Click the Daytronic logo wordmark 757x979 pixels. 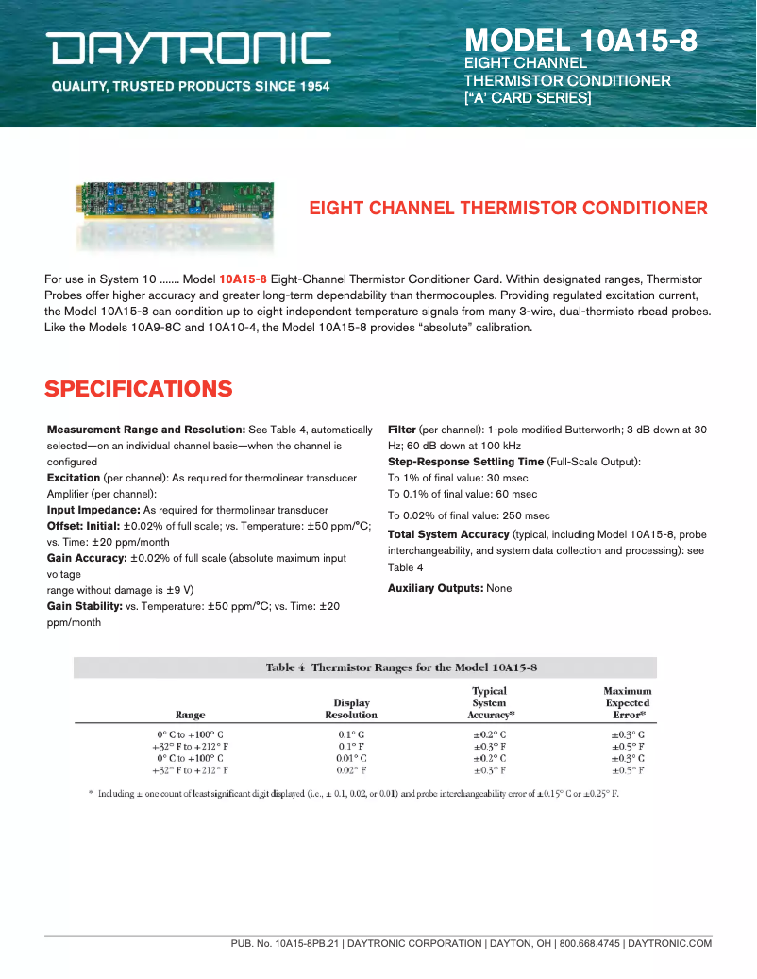[x=191, y=48]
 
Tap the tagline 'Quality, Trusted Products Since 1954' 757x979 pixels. [x=191, y=87]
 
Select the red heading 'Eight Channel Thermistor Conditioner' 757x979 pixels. [x=509, y=209]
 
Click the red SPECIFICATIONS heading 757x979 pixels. [x=139, y=389]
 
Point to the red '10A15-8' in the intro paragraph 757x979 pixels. [x=243, y=279]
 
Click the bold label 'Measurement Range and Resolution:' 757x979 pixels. [x=146, y=430]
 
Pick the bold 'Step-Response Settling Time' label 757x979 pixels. [x=465, y=462]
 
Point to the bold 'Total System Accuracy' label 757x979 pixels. [x=448, y=534]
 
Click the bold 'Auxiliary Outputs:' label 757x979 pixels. [x=435, y=588]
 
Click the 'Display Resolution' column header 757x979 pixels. [x=351, y=709]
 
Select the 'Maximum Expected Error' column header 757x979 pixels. [x=628, y=702]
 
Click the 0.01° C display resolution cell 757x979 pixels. [x=351, y=758]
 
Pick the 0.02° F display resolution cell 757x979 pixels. [x=351, y=770]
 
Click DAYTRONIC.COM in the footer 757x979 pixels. [x=669, y=943]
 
